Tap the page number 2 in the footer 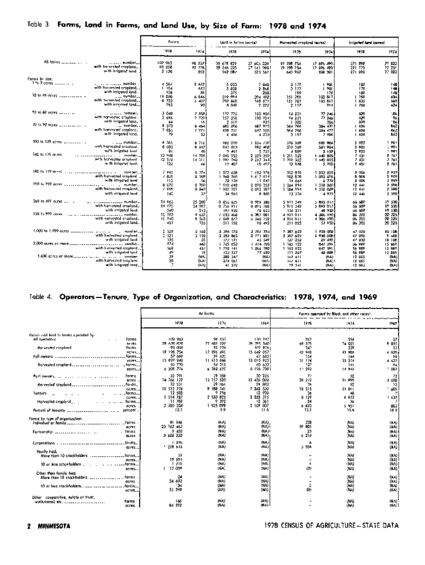pos(29,526)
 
